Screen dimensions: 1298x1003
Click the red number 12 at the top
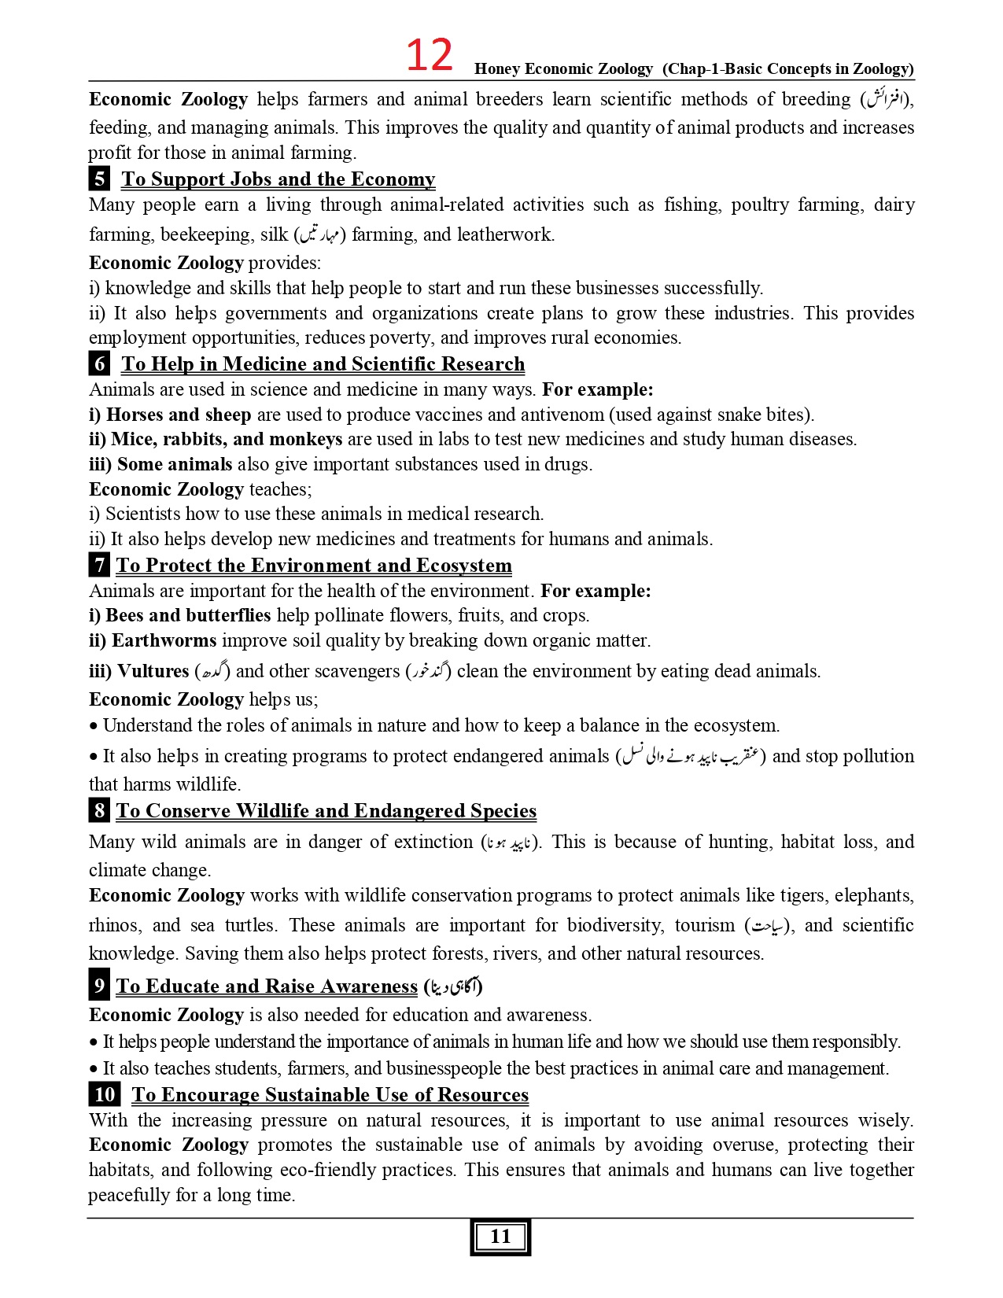pyautogui.click(x=430, y=56)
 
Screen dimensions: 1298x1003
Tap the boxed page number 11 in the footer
pyautogui.click(x=500, y=1237)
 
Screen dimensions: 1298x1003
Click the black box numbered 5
pyautogui.click(x=99, y=179)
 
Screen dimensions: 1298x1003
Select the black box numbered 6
pyautogui.click(x=99, y=363)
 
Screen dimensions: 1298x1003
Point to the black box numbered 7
pyautogui.click(x=99, y=565)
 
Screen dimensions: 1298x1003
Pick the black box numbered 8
pyautogui.click(x=99, y=810)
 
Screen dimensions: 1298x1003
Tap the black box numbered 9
pyautogui.click(x=99, y=986)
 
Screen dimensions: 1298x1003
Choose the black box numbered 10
pyautogui.click(x=105, y=1094)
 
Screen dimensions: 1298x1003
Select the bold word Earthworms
pyautogui.click(x=164, y=640)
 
